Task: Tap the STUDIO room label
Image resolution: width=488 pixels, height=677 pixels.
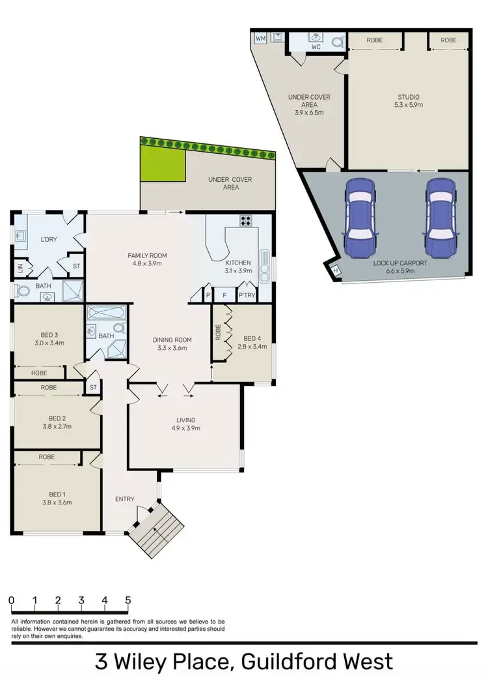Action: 409,97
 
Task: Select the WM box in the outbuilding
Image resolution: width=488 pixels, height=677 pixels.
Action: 260,38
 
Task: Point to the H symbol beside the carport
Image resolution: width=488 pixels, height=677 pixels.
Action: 336,270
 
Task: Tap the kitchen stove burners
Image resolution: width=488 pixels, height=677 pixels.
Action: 246,220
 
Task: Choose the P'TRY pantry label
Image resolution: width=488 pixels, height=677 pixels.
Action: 247,296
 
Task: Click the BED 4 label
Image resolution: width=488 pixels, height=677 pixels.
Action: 252,338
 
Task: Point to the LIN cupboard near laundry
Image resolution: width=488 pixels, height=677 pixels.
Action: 20,268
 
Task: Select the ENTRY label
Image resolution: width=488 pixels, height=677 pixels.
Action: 125,500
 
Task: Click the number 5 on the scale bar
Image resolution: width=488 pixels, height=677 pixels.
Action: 128,600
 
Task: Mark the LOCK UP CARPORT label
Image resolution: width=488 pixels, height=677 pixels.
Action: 400,263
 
